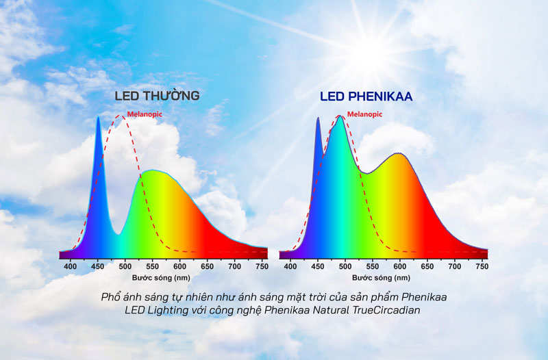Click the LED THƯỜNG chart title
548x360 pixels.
coord(157,96)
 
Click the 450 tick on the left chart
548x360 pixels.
coord(98,266)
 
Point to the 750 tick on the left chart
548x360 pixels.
coord(262,266)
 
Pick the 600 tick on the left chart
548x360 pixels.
coord(180,266)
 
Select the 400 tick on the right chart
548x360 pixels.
coord(290,266)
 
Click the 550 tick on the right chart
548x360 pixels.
coord(373,266)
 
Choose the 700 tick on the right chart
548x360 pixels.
coord(455,266)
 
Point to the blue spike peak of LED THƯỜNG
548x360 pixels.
coord(98,118)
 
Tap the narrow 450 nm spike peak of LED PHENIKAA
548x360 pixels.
coord(318,118)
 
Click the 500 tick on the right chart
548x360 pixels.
coord(345,266)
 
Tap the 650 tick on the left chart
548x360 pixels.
coord(208,266)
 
